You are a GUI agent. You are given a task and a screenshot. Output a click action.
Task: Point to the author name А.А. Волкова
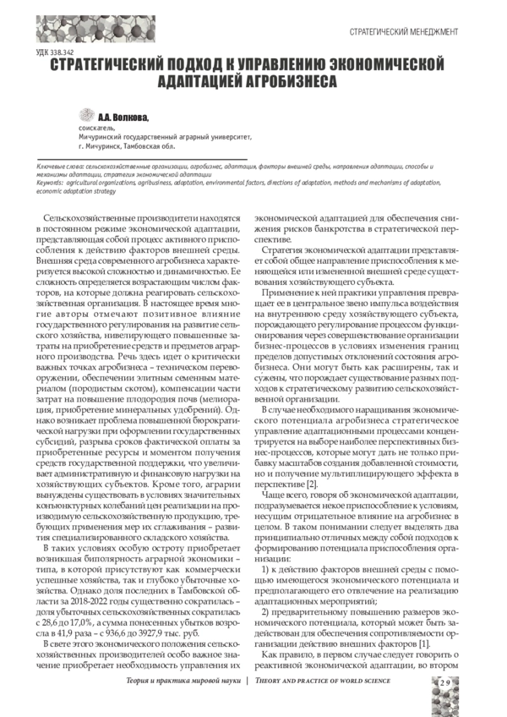point(123,118)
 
